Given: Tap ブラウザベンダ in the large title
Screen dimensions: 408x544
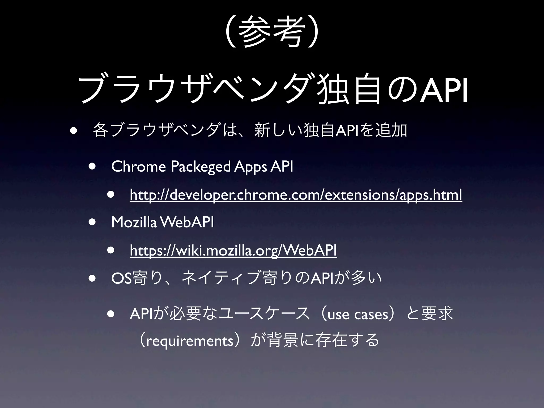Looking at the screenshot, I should point(197,91).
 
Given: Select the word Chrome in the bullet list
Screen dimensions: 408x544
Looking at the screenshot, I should point(138,167).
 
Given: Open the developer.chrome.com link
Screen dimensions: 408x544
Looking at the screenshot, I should point(296,195).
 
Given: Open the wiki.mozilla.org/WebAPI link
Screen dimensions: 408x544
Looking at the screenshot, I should point(233,250).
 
